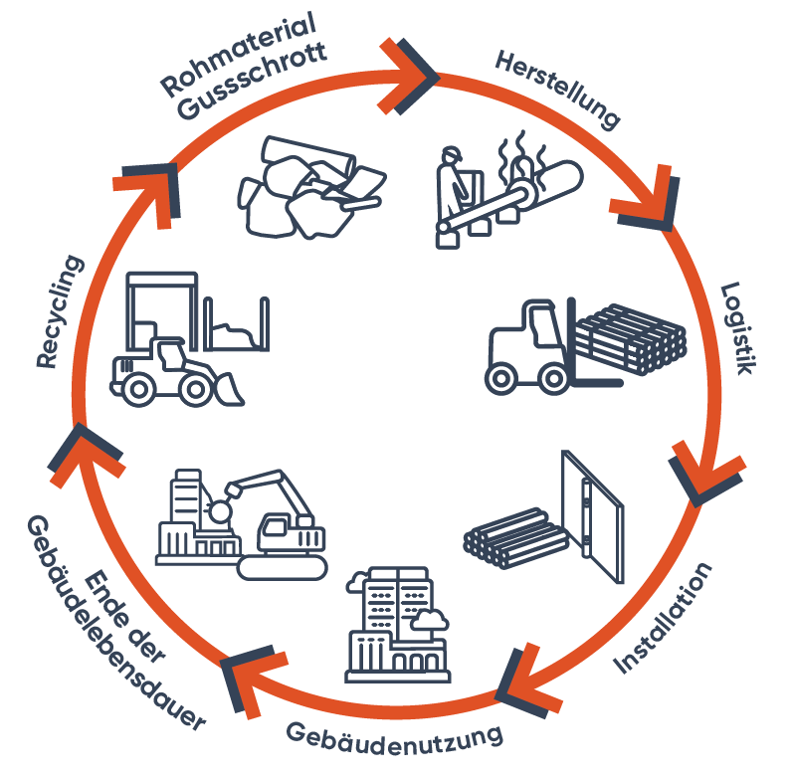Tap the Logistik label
[x=739, y=328]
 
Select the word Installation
[x=663, y=618]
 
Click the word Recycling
[x=60, y=311]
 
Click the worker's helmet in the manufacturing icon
[x=451, y=153]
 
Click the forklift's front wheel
[x=554, y=378]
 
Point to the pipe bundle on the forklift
[x=631, y=339]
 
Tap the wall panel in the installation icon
[x=593, y=516]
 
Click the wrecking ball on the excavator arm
[x=221, y=511]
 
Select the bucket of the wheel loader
[x=229, y=389]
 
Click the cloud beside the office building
[x=430, y=620]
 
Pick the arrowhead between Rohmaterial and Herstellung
[x=406, y=77]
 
